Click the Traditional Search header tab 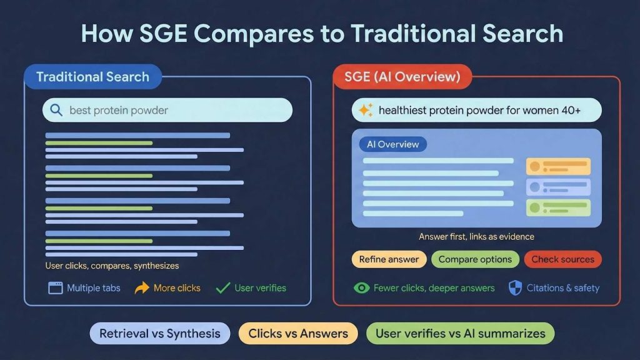tap(92, 77)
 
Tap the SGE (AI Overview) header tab tap(402, 77)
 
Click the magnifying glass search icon tap(56, 111)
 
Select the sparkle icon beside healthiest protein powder tap(366, 111)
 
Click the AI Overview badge tap(393, 144)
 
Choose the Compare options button tap(475, 259)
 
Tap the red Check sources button tap(562, 259)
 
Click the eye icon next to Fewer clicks tap(361, 288)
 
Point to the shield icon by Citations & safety tap(515, 287)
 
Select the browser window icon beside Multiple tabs tap(56, 288)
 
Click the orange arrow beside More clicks tap(142, 288)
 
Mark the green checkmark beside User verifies tap(222, 288)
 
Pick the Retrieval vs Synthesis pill tap(160, 334)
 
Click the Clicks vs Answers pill tap(298, 334)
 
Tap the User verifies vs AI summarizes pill tap(460, 334)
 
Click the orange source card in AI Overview tap(558, 166)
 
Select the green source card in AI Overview tap(558, 208)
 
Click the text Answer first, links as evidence tap(476, 237)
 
